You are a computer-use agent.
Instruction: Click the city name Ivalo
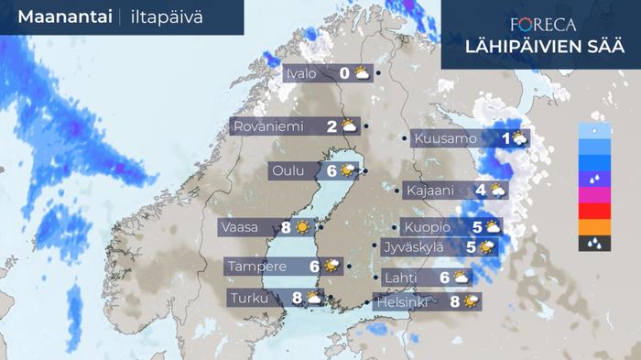click(303, 73)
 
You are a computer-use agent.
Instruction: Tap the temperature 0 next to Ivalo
click(344, 73)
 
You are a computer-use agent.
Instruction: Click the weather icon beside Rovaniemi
click(350, 126)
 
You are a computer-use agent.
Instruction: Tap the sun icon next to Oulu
click(348, 170)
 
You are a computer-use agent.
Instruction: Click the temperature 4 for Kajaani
click(481, 191)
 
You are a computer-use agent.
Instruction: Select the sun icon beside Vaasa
click(301, 227)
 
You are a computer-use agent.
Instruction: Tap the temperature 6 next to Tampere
click(314, 267)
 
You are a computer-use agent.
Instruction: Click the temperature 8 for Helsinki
click(455, 300)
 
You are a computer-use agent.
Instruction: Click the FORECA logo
click(543, 24)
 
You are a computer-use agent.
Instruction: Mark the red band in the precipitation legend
click(595, 211)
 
